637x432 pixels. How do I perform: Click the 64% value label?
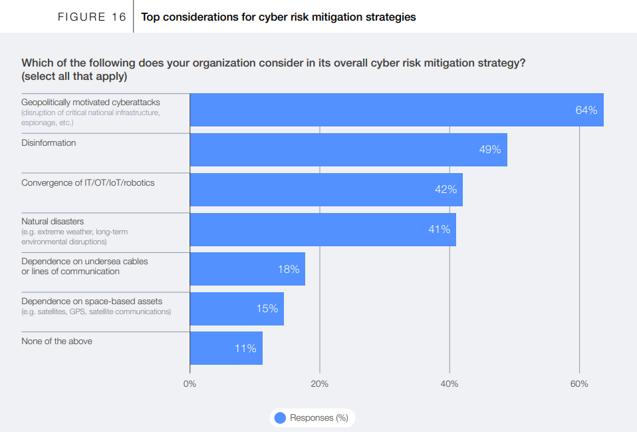tap(586, 110)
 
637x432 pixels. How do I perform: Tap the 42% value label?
tap(446, 190)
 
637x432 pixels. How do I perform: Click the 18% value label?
tap(289, 270)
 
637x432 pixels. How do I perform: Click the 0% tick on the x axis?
tap(190, 384)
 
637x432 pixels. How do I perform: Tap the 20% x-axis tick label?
tap(320, 384)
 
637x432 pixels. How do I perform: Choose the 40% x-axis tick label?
tap(449, 384)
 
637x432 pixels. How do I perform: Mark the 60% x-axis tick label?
tap(579, 384)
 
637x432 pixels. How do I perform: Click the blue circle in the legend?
tap(280, 418)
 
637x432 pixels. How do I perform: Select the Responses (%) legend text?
tap(319, 418)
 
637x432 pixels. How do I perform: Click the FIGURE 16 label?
tap(92, 17)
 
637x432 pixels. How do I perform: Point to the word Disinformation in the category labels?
tap(49, 142)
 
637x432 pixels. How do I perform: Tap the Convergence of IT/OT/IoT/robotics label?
tap(88, 182)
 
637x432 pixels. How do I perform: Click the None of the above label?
tap(57, 341)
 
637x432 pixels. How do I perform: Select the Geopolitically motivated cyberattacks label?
tap(90, 103)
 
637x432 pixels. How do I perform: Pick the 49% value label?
tap(490, 150)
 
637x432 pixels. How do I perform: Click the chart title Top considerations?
tap(279, 17)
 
